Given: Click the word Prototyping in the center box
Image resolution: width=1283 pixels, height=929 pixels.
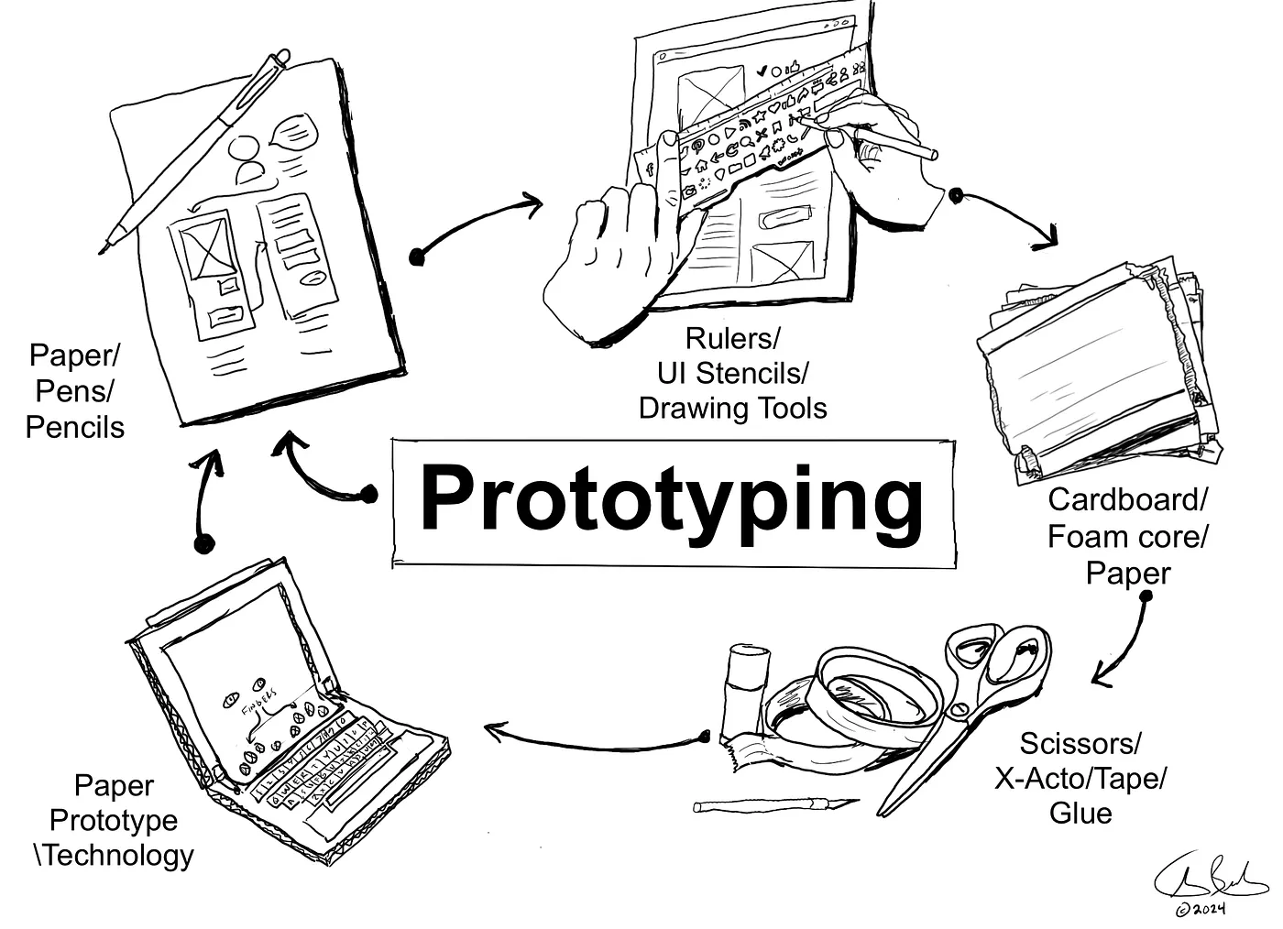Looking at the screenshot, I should (672, 499).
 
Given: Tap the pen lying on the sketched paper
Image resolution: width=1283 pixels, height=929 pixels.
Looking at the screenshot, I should (197, 147).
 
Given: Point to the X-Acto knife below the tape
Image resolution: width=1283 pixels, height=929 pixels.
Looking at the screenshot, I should (774, 805).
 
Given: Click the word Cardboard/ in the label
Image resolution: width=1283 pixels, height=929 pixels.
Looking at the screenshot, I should (1127, 500).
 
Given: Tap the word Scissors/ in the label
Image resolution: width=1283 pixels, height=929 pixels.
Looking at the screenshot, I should (1080, 743).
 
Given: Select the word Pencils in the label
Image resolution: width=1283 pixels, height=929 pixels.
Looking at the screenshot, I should (75, 427).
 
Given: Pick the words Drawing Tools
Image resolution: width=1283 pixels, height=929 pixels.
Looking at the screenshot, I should (732, 408).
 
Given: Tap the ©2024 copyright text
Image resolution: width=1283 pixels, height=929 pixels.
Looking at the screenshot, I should (1201, 910).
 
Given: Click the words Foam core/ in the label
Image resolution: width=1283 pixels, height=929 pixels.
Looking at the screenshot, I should (1127, 537).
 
